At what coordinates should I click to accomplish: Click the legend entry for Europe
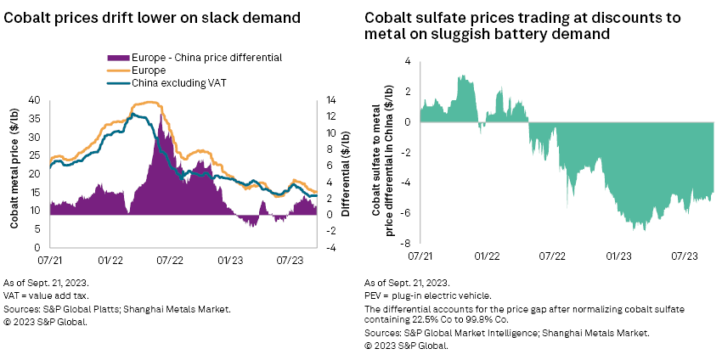(x=149, y=71)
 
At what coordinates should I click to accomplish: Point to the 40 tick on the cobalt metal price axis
(x=35, y=99)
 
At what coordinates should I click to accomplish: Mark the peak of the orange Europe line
(x=151, y=102)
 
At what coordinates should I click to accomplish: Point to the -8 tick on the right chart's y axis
(x=408, y=243)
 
